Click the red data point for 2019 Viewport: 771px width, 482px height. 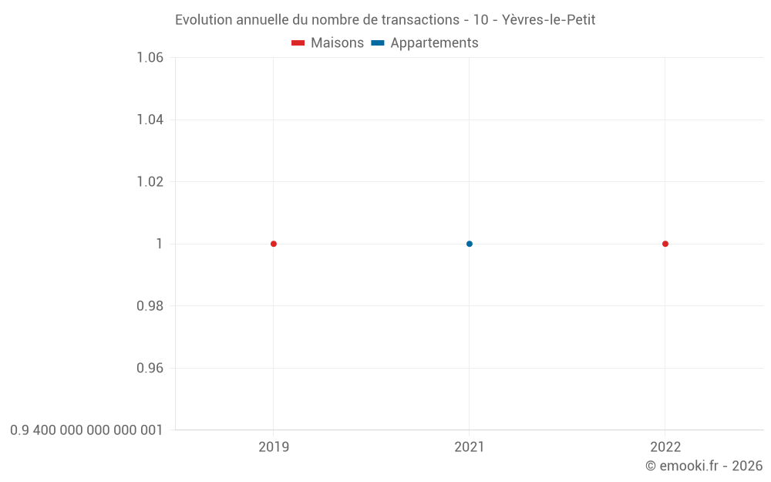[274, 244]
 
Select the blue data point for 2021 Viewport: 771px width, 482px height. [470, 244]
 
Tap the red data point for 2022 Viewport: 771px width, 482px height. [665, 244]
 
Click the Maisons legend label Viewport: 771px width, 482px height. [337, 43]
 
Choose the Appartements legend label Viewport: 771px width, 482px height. [434, 43]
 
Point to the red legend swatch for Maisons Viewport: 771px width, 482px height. [298, 43]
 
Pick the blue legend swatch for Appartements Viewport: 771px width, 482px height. [378, 43]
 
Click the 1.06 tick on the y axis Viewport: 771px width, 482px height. [150, 58]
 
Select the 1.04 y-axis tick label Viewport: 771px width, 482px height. [150, 120]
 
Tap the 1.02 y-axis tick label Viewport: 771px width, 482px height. [150, 182]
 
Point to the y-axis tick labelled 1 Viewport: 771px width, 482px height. [160, 244]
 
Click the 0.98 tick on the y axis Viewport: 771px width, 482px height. [150, 306]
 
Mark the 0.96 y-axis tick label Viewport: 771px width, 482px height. [150, 368]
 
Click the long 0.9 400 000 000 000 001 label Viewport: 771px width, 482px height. [86, 430]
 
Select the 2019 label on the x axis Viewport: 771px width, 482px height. [274, 447]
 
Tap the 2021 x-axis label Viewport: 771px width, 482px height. [470, 447]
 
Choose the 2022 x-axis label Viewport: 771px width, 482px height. [665, 447]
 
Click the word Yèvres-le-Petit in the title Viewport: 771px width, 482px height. [548, 20]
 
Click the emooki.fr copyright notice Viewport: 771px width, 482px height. [704, 466]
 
